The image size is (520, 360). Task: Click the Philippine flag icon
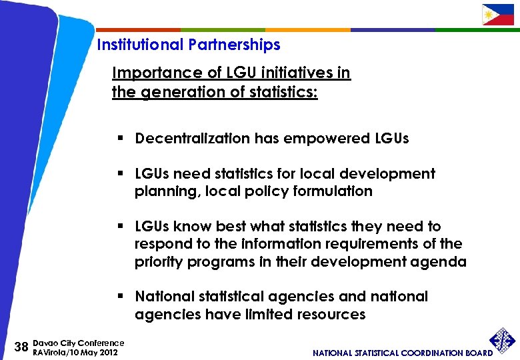tap(498, 14)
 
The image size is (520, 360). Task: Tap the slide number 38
tap(21, 347)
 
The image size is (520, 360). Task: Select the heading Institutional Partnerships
tap(189, 45)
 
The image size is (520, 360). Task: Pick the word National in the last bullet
tap(167, 296)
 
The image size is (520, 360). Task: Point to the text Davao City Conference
tap(78, 343)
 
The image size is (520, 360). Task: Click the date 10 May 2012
tap(90, 352)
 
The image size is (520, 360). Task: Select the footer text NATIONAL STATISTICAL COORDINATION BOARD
tap(403, 353)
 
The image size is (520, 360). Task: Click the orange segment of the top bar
tap(307, 29)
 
